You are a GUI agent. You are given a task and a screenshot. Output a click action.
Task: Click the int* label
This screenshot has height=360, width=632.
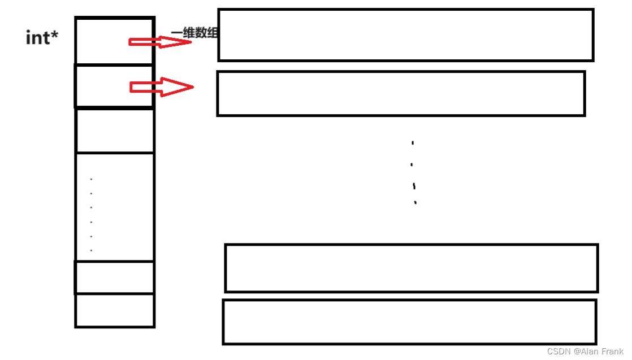click(x=42, y=38)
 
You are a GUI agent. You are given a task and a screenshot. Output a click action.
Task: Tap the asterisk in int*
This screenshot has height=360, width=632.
click(x=55, y=35)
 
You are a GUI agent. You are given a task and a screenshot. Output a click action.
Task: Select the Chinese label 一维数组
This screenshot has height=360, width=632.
click(x=195, y=33)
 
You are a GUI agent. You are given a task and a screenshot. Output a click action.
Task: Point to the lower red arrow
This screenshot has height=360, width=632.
click(x=162, y=87)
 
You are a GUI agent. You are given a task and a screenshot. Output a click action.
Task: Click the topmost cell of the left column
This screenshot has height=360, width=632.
click(x=115, y=41)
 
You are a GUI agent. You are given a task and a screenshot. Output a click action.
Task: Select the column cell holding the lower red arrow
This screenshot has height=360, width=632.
click(x=115, y=86)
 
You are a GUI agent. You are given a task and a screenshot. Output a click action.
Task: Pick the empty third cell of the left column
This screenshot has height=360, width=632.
click(x=115, y=130)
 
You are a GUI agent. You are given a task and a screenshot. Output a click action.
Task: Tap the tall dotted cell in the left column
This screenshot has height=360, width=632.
click(x=115, y=207)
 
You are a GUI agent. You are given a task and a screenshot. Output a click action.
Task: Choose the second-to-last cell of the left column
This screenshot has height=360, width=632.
click(x=115, y=277)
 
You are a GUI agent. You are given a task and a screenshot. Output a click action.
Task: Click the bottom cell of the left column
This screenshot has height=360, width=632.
click(x=115, y=310)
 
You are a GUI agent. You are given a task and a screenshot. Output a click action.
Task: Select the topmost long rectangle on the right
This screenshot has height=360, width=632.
click(x=405, y=35)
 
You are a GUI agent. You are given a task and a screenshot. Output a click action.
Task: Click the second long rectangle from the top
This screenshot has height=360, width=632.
click(x=401, y=94)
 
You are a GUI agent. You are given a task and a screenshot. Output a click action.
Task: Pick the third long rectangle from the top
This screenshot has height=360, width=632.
click(x=411, y=268)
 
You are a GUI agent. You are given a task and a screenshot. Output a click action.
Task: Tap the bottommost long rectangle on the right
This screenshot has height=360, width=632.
click(x=409, y=322)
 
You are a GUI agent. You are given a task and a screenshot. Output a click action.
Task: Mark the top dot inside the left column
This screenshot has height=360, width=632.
click(x=92, y=180)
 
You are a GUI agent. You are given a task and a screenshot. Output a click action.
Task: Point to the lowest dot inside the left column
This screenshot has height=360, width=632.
click(x=92, y=250)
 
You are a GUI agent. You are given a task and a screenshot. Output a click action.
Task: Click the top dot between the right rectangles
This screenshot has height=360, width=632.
click(x=413, y=143)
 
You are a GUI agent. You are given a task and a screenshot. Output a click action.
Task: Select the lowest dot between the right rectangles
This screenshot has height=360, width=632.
click(x=415, y=202)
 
